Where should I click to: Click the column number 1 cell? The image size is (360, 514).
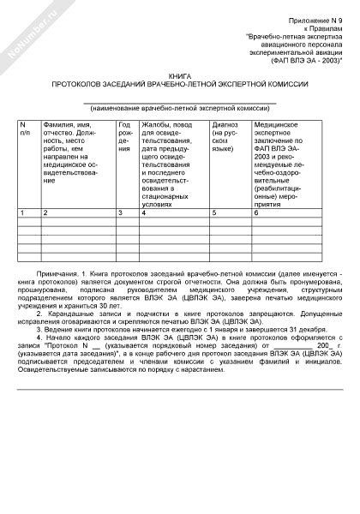[24, 212]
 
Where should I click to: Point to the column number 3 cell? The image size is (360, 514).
[122, 212]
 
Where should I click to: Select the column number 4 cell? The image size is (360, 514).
[145, 212]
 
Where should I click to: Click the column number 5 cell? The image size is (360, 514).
[214, 212]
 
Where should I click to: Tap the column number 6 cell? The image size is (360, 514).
[256, 212]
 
